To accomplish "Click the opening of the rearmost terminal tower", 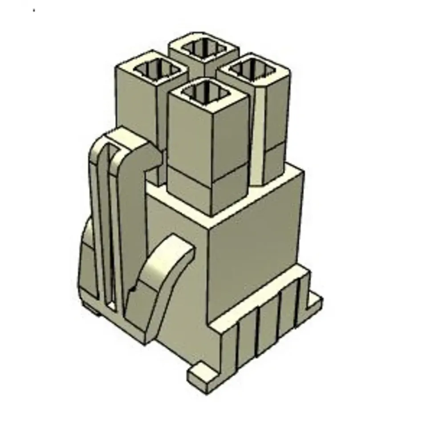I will tap(204, 48).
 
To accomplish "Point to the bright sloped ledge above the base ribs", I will tap(258, 303).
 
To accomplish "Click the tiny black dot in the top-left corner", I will tap(34, 10).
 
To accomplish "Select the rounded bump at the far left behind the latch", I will tap(87, 258).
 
